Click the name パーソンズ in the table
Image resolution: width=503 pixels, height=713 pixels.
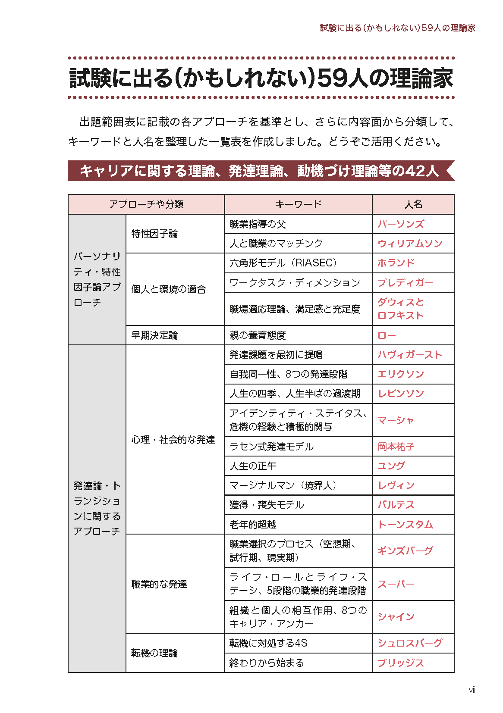pos(400,224)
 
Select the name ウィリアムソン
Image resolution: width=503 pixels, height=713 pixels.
pos(410,244)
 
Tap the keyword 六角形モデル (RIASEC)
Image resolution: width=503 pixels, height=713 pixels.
pos(283,263)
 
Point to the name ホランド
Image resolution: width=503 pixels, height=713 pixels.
pos(396,263)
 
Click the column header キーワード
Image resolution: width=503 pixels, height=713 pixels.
pos(298,204)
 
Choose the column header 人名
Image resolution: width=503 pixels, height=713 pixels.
pos(413,204)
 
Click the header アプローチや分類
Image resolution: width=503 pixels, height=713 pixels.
pos(146,204)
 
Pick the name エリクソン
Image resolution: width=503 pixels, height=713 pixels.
pos(400,374)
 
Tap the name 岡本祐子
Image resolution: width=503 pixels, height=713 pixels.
pos(396,447)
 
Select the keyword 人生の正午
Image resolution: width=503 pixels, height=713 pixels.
pos(253,466)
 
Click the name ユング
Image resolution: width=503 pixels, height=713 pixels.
pos(391,466)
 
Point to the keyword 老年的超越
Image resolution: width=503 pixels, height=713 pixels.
pos(253,525)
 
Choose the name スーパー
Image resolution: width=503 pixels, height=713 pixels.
pos(396,584)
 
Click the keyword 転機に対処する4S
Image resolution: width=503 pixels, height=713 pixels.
pos(268,643)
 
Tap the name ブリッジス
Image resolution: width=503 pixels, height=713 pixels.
pos(400,663)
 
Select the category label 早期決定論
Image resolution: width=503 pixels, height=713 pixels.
pos(154,335)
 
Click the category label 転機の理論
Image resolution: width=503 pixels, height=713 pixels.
pos(154,653)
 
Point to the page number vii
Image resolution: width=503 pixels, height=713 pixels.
pos(472,690)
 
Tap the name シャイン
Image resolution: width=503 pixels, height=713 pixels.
pos(396,617)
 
